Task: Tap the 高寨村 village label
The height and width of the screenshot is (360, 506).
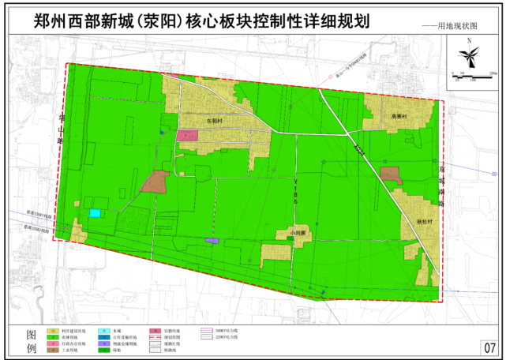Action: (399, 116)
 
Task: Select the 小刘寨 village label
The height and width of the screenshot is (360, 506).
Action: (298, 234)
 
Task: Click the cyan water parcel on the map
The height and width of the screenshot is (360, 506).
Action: (96, 212)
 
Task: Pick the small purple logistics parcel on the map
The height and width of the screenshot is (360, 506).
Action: (211, 240)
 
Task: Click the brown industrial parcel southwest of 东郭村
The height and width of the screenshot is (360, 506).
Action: (156, 182)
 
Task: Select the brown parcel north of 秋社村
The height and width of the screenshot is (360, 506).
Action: (390, 174)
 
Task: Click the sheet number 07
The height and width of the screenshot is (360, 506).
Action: (489, 347)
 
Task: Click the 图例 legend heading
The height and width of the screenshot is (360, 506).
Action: (32, 341)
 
